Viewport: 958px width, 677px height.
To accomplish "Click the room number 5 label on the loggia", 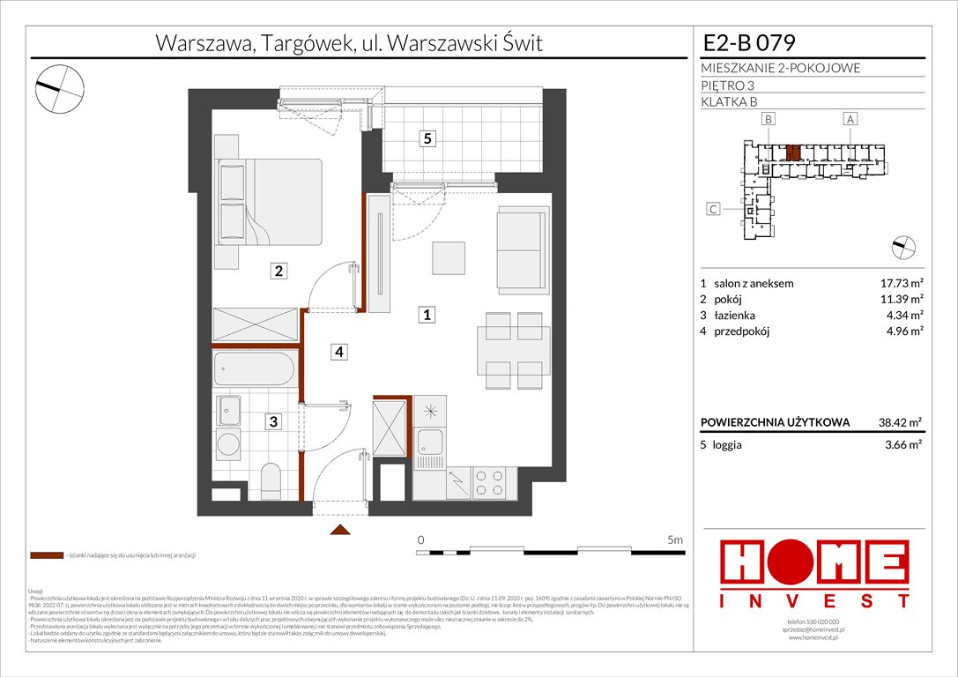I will pyautogui.click(x=427, y=138).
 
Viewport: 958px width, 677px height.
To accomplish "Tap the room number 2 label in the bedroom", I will pyautogui.click(x=278, y=272).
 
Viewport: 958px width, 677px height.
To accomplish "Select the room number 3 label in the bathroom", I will pyautogui.click(x=274, y=422).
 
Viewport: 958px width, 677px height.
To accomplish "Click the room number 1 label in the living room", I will pyautogui.click(x=427, y=314).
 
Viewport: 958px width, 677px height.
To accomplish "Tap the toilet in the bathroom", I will pyautogui.click(x=271, y=480).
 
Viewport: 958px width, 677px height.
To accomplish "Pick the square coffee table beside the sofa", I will pyautogui.click(x=449, y=258).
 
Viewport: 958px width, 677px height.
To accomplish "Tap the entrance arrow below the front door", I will pyautogui.click(x=339, y=530).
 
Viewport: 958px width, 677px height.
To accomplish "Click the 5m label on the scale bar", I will pyautogui.click(x=675, y=539).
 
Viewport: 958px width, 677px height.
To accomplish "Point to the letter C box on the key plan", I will pyautogui.click(x=713, y=210).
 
